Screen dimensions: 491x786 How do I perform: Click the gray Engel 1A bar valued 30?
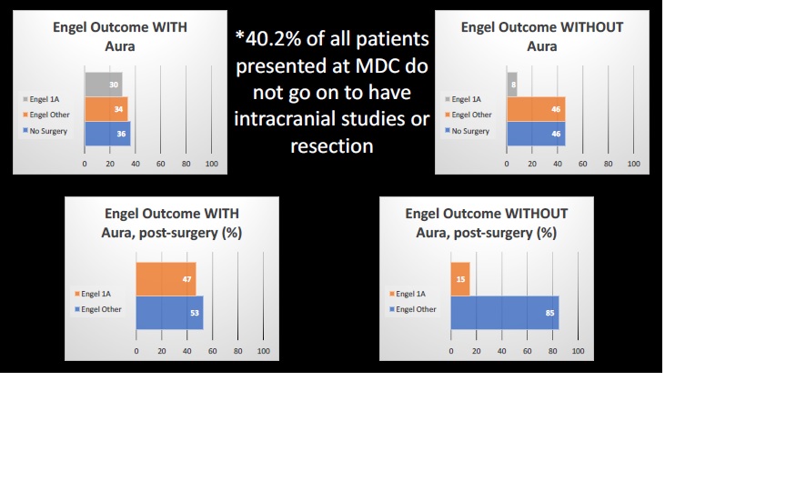point(103,85)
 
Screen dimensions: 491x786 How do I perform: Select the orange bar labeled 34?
point(106,109)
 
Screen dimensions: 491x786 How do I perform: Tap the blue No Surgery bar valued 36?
point(107,134)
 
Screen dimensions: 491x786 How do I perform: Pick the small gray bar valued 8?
point(512,85)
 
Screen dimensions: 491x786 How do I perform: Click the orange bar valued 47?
point(166,279)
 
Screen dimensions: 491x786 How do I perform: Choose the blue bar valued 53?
point(169,313)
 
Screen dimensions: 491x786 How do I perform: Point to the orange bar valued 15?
point(459,279)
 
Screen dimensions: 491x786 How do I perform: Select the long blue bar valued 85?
point(504,313)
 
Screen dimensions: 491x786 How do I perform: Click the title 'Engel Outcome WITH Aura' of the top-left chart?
point(119,36)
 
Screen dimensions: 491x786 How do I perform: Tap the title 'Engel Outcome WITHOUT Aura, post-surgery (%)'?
point(486,223)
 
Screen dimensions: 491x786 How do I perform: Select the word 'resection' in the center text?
point(331,145)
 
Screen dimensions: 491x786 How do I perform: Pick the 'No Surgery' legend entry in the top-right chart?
point(469,131)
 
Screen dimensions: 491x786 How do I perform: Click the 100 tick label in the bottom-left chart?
point(263,351)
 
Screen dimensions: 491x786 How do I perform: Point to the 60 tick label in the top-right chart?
point(582,164)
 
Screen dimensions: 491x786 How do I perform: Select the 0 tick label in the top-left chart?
point(85,164)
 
